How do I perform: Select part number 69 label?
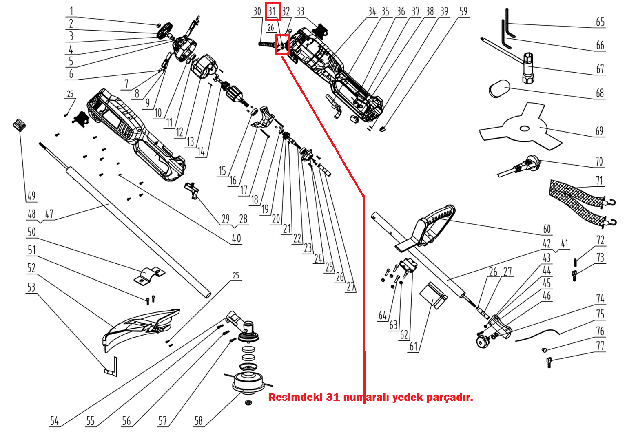click(599, 131)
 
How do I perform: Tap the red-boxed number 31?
click(272, 11)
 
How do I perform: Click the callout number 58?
click(198, 421)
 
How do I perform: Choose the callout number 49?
click(31, 196)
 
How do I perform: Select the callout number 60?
click(547, 229)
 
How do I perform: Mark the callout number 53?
click(31, 287)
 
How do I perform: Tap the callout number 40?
click(236, 238)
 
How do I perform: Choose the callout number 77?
click(600, 346)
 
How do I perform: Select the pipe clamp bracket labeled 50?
click(148, 275)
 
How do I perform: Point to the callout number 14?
click(201, 152)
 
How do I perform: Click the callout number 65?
click(600, 22)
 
